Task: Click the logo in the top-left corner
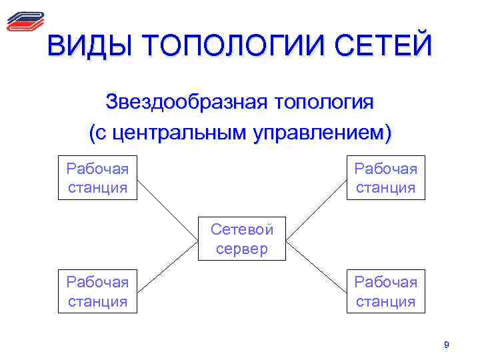pyautogui.click(x=25, y=21)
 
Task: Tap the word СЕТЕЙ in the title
pyautogui.click(x=384, y=47)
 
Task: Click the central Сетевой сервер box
pyautogui.click(x=241, y=238)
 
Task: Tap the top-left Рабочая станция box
pyautogui.click(x=97, y=178)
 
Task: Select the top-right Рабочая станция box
pyautogui.click(x=385, y=178)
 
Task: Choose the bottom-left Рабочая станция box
pyautogui.click(x=97, y=291)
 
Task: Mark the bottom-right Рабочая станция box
pyautogui.click(x=385, y=291)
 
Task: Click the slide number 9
pyautogui.click(x=447, y=345)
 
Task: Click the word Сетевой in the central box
pyautogui.click(x=241, y=229)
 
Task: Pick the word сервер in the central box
pyautogui.click(x=241, y=249)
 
